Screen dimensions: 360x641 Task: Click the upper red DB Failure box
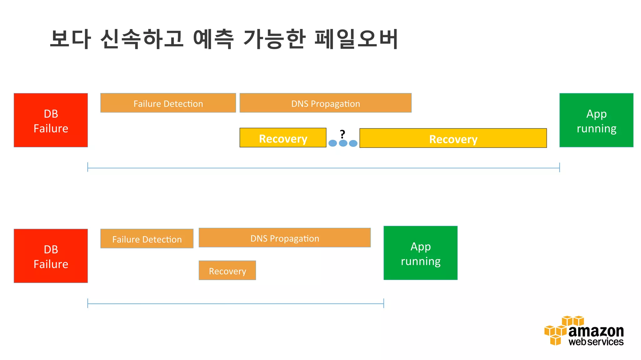click(x=51, y=120)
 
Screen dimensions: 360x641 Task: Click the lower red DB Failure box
click(x=51, y=256)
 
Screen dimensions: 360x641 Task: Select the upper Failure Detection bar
click(x=168, y=103)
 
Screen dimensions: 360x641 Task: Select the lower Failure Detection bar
click(x=147, y=239)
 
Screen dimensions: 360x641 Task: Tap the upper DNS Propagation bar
click(x=326, y=103)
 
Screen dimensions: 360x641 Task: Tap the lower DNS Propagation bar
click(x=285, y=238)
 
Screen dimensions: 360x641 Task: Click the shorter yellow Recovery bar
click(x=283, y=138)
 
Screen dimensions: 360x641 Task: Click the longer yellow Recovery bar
click(x=453, y=138)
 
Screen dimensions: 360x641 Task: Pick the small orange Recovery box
click(x=227, y=271)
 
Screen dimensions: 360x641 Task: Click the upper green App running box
click(x=596, y=120)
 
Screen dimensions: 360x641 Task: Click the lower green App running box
click(x=420, y=253)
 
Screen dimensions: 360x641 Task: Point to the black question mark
click(x=342, y=134)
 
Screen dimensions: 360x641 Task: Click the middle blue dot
click(x=343, y=143)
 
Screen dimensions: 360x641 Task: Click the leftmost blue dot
click(x=333, y=143)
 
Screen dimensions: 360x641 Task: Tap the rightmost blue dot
click(x=353, y=143)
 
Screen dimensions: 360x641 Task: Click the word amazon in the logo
click(x=596, y=331)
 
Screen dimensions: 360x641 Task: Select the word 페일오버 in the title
click(x=356, y=39)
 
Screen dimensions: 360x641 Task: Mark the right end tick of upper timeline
click(x=559, y=167)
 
